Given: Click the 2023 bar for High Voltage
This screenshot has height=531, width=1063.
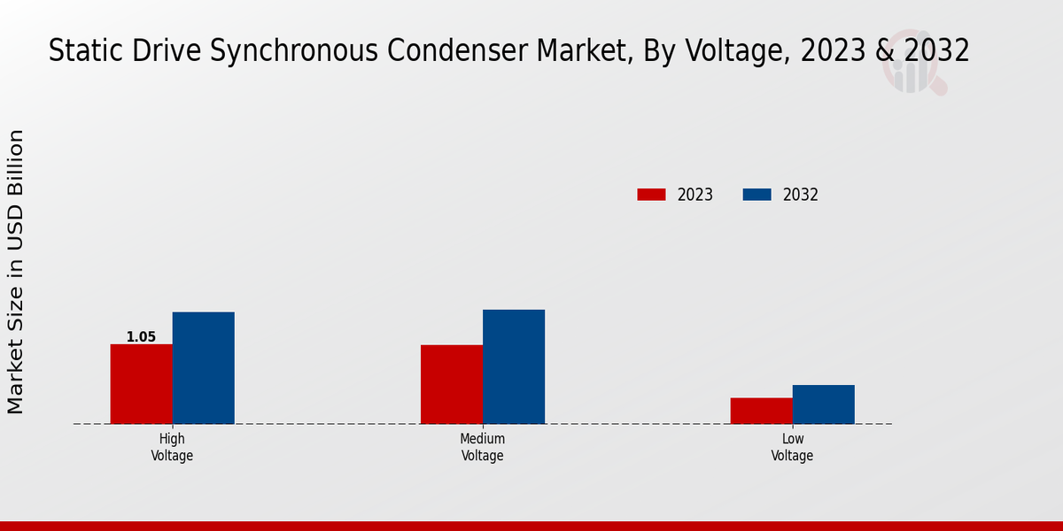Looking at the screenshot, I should [141, 383].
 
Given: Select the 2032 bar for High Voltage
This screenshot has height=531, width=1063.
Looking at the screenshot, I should [203, 367].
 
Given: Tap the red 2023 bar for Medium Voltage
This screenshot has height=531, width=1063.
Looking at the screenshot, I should [452, 384].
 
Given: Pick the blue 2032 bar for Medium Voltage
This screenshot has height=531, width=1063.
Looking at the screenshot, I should [514, 366].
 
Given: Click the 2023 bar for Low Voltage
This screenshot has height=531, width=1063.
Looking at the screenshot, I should [761, 411].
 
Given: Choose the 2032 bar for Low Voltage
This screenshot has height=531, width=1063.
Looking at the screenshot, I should [823, 404].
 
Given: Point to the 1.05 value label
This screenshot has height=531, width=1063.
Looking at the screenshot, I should [141, 337].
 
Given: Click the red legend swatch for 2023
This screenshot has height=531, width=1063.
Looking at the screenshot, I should [651, 195].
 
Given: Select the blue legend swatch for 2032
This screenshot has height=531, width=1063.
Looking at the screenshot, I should [757, 195].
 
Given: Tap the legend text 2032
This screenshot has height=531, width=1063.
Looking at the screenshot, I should [801, 195].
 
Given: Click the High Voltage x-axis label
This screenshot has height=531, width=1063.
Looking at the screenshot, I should [172, 447].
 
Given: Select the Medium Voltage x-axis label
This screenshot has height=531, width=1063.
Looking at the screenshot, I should [482, 447].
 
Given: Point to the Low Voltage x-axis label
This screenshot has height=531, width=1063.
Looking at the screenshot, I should [792, 447].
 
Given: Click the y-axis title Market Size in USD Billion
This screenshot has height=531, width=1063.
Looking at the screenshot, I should [16, 272].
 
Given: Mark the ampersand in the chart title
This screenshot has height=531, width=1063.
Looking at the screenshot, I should [885, 51].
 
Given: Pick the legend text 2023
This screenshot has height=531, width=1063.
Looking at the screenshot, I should [695, 195].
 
